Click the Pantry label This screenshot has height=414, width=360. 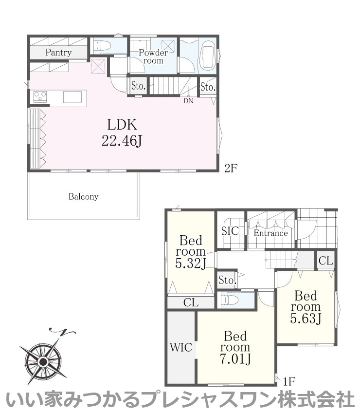[58, 52]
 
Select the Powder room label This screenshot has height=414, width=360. [153, 56]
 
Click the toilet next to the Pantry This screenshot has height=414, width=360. [102, 45]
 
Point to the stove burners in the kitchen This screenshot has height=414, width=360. [40, 96]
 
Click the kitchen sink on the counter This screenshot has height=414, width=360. [72, 96]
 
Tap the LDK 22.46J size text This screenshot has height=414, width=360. [122, 141]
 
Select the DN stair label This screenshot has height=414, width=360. [188, 101]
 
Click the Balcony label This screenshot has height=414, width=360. [83, 197]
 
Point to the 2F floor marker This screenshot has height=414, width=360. [231, 168]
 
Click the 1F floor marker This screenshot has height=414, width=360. [289, 381]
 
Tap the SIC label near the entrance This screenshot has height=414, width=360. [230, 231]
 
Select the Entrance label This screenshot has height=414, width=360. [270, 233]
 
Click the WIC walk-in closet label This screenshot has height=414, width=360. [181, 347]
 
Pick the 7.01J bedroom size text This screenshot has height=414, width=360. [235, 359]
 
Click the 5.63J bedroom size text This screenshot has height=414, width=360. [306, 319]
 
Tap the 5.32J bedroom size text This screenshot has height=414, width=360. [191, 263]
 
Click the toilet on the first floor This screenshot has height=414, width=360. [230, 301]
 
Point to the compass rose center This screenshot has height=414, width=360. [42, 361]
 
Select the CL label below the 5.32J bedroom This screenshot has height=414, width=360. [191, 302]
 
